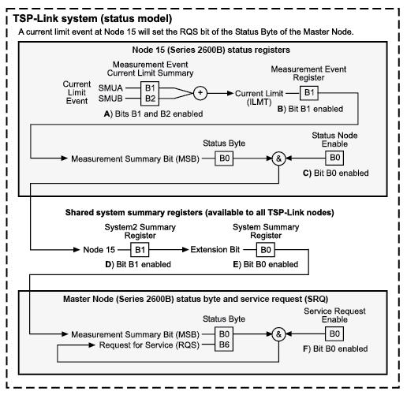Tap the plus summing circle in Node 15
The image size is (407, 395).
(200, 93)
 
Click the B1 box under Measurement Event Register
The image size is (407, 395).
(308, 93)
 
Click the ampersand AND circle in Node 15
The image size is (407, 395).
(278, 158)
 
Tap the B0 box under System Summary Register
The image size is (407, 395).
(267, 249)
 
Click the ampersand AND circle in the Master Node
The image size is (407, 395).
(278, 334)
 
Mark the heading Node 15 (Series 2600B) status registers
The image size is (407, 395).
(207, 50)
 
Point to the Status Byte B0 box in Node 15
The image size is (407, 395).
(226, 158)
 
